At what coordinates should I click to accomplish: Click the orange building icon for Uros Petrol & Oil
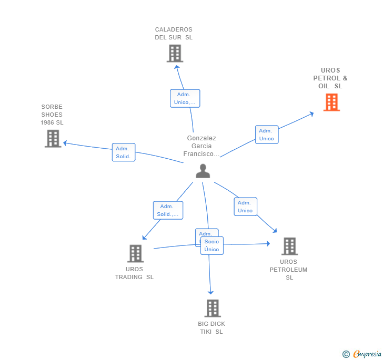click(331, 102)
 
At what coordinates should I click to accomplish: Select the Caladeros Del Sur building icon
click(175, 53)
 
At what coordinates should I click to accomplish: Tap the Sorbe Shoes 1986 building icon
click(53, 138)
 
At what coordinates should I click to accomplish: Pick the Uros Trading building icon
click(135, 253)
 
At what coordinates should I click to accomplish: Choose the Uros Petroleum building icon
click(289, 246)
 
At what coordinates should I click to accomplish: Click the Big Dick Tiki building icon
click(212, 308)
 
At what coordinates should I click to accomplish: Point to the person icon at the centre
click(203, 171)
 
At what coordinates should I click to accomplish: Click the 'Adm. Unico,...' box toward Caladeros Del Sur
click(185, 98)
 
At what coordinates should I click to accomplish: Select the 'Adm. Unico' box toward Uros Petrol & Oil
click(267, 135)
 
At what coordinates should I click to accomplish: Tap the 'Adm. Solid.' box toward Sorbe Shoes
click(124, 152)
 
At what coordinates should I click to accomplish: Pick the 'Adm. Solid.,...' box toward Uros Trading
click(168, 210)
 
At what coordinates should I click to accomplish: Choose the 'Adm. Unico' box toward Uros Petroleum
click(245, 207)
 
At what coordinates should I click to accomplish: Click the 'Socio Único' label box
click(212, 245)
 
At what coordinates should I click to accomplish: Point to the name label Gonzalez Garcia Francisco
click(201, 146)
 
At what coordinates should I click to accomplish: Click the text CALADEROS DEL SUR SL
click(174, 34)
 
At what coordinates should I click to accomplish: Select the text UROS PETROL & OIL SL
click(330, 78)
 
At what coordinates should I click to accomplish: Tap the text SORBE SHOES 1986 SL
click(52, 115)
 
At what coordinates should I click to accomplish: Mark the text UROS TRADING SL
click(134, 273)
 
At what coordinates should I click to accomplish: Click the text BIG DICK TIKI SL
click(211, 327)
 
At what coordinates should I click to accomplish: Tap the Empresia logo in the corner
click(362, 354)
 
